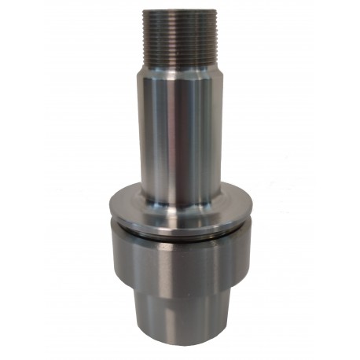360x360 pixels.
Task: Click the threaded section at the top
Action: click(179, 35)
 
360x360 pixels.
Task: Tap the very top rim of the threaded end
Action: click(179, 11)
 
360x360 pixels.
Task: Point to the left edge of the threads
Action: click(145, 35)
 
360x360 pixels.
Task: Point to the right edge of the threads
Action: click(214, 35)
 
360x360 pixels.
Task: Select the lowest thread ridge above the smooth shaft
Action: click(179, 62)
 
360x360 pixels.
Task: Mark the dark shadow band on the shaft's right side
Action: click(211, 134)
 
